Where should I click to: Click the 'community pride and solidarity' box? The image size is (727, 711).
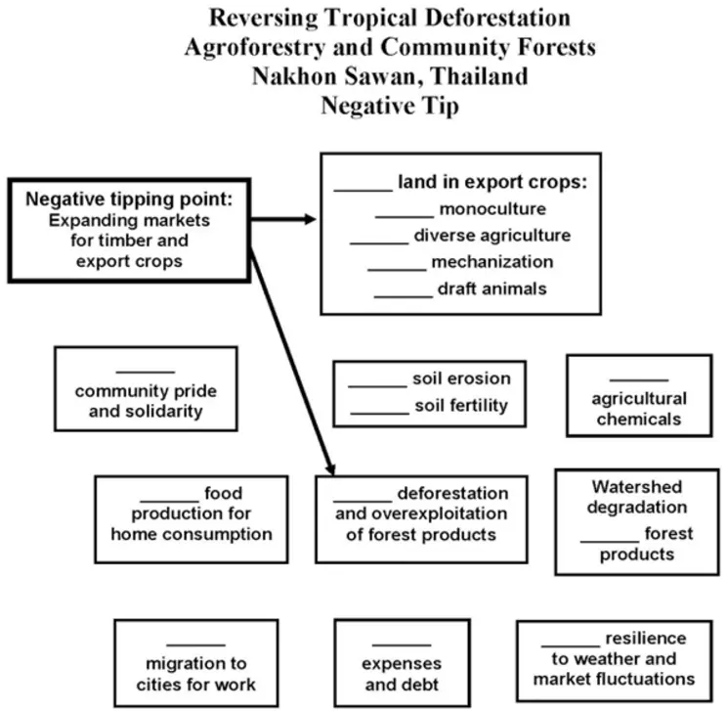pos(146,389)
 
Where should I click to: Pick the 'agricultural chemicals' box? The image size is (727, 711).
pos(638,396)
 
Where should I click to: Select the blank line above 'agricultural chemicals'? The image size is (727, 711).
pos(638,378)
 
